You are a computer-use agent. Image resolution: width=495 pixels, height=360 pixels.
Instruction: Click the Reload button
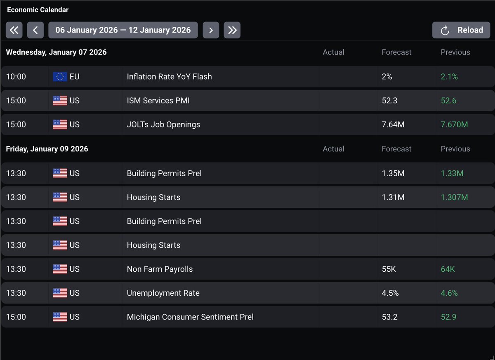click(x=461, y=30)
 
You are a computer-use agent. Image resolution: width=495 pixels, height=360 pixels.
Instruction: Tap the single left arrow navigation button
click(x=35, y=30)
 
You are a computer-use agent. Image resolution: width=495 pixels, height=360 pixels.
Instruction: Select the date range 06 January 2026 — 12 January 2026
click(x=123, y=30)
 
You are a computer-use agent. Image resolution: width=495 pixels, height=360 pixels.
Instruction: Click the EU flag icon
click(x=60, y=77)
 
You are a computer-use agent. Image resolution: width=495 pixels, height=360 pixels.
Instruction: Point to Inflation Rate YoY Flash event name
click(x=169, y=77)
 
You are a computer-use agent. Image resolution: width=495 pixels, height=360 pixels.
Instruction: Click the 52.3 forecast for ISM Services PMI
click(x=389, y=101)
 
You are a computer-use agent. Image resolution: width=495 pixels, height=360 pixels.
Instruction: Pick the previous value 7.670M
click(x=454, y=125)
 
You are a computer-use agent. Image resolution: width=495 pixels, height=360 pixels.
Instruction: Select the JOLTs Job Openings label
click(x=163, y=125)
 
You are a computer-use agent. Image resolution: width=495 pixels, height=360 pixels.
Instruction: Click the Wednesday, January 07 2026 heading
click(x=56, y=52)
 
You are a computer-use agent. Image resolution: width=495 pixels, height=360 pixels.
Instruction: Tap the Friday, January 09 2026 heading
click(x=47, y=149)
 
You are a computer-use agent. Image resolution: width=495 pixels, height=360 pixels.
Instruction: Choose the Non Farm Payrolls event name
click(x=160, y=269)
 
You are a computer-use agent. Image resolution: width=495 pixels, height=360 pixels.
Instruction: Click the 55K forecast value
click(x=389, y=269)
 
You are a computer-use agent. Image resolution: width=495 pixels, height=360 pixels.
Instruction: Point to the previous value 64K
click(x=448, y=269)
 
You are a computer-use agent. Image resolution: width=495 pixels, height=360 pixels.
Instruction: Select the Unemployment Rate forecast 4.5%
click(x=390, y=293)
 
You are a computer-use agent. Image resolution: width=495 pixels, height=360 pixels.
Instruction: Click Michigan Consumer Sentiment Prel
click(x=190, y=317)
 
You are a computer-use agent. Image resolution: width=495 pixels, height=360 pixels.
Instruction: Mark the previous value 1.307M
click(x=454, y=197)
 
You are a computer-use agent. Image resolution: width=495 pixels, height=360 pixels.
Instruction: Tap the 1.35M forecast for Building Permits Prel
click(x=393, y=173)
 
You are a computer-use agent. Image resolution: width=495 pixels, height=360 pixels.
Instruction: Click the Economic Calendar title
click(x=38, y=9)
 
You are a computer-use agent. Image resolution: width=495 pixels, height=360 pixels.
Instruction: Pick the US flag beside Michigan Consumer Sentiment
click(x=60, y=317)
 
